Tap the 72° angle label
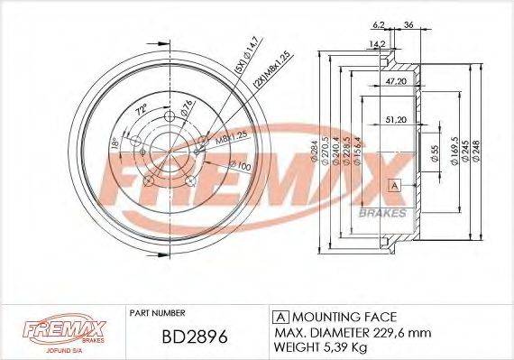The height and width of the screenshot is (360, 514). tap(138, 112)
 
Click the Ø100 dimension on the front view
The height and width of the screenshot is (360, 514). tap(240, 166)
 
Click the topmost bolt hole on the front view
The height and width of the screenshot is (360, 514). tap(172, 115)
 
